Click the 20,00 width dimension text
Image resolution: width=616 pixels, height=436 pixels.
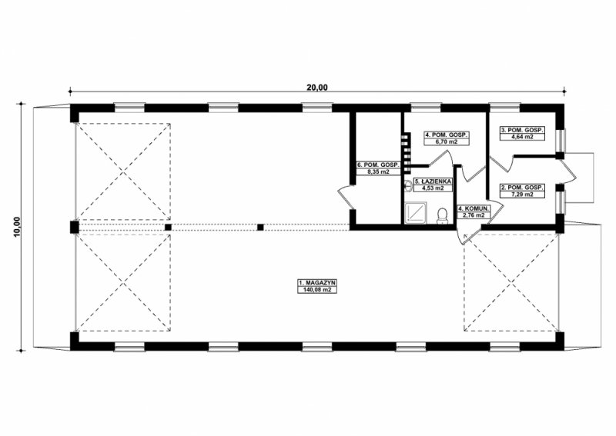pos(317,87)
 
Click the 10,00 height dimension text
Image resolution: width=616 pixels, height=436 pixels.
pos(16,227)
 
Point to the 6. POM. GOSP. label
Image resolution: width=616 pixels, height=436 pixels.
pos(378,165)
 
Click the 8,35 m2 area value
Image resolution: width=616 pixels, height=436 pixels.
pos(378,171)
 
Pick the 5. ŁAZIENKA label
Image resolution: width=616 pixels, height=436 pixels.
pos(433,181)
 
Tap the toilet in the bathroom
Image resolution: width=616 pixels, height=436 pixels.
pos(443,216)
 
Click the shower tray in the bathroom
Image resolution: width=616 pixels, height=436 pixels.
pos(415,213)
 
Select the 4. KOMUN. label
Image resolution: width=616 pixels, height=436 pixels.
pos(474,208)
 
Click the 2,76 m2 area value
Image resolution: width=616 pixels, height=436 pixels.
pos(474,215)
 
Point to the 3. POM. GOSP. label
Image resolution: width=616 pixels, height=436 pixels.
pos(522,130)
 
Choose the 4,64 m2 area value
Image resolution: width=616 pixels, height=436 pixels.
pos(522,137)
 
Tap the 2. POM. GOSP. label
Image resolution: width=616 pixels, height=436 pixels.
pos(522,188)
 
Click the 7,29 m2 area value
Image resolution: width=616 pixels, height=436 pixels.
pos(522,195)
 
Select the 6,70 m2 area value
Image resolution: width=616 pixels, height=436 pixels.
pos(447,141)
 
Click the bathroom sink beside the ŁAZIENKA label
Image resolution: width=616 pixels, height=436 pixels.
pos(409,185)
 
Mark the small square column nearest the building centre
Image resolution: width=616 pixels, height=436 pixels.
pos(260,227)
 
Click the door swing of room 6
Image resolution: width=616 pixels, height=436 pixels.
pos(346,197)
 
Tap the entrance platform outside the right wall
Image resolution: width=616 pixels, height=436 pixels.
pos(579,178)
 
